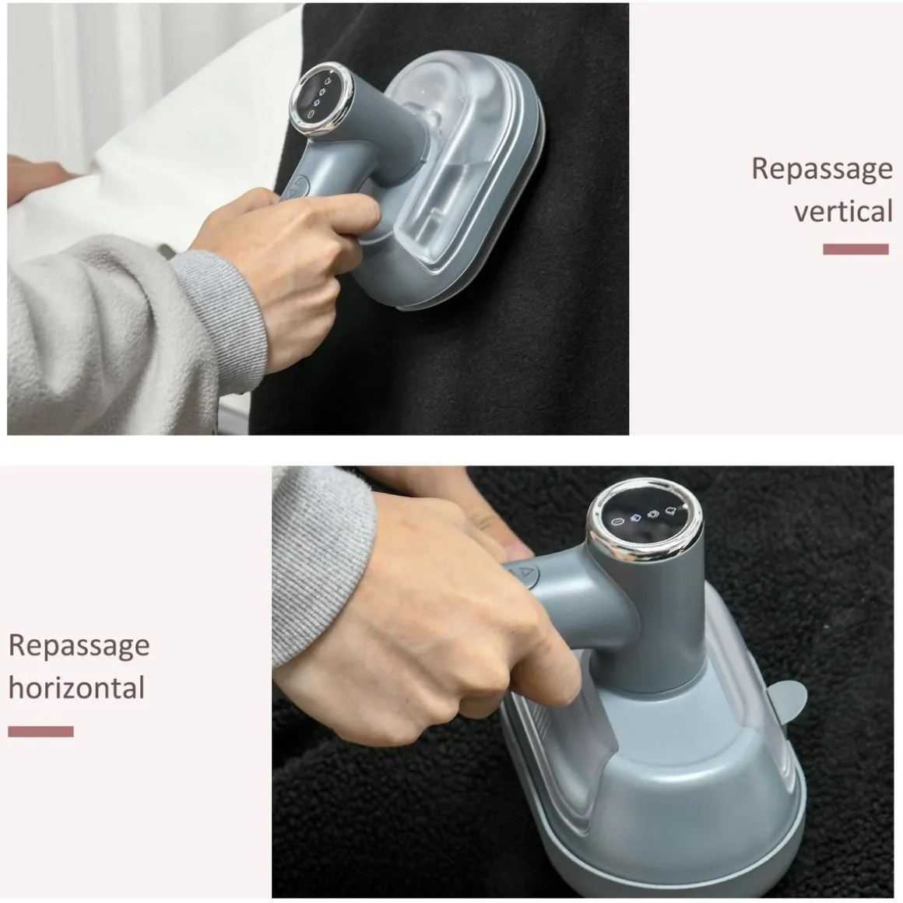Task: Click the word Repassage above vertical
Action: (x=822, y=170)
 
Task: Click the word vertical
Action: (x=843, y=212)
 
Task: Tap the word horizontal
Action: (x=76, y=687)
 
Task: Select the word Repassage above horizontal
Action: (x=79, y=646)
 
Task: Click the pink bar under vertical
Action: (x=856, y=249)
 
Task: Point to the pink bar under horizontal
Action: (x=41, y=732)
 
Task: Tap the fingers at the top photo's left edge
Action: (x=34, y=181)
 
